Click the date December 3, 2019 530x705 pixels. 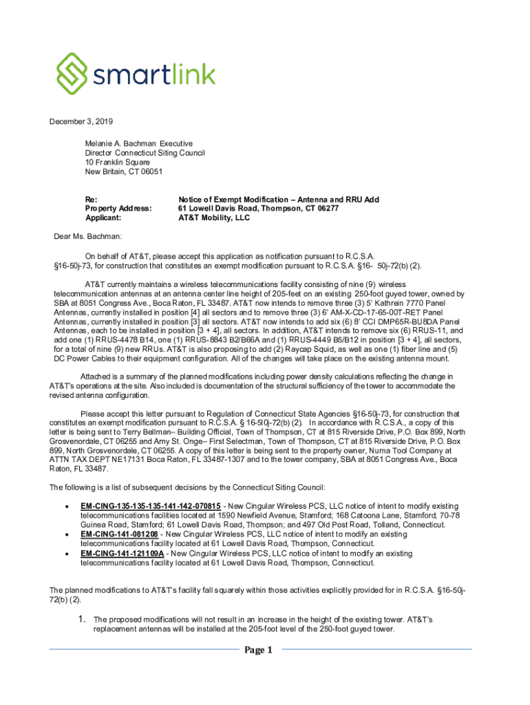[x=80, y=122]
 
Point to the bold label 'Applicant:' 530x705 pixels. [x=103, y=218]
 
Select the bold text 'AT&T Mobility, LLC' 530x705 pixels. [x=214, y=218]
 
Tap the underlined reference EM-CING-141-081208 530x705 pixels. [x=119, y=534]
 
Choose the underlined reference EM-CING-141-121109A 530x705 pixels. [x=123, y=553]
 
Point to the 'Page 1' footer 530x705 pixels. [x=258, y=650]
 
